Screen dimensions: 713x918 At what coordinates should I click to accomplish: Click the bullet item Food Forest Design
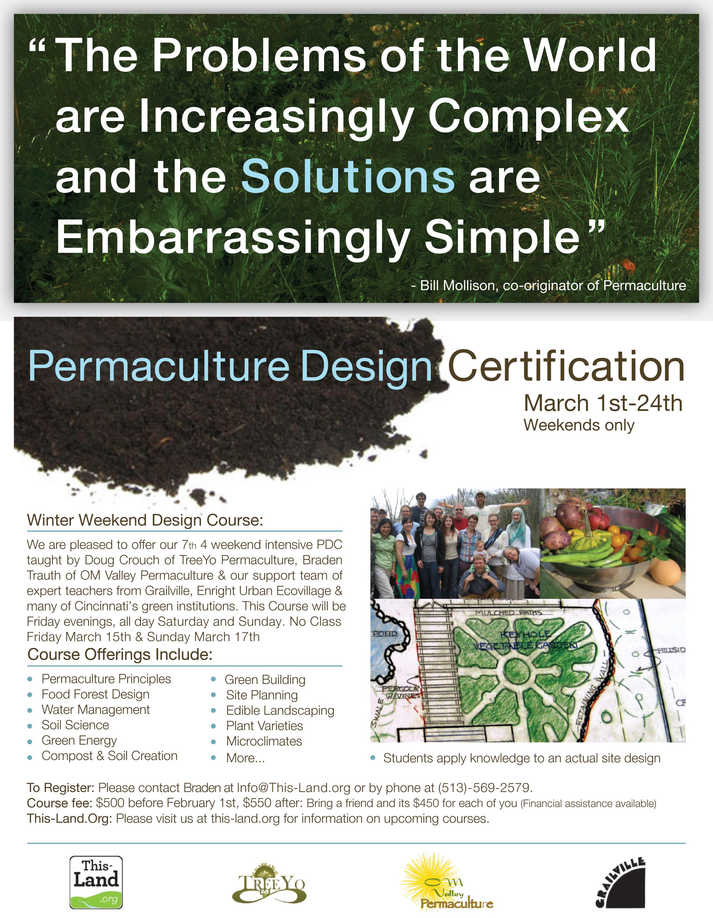pyautogui.click(x=95, y=694)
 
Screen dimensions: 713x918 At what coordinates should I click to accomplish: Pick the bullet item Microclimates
pyautogui.click(x=264, y=741)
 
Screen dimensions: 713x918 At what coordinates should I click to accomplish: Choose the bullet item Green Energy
pyautogui.click(x=79, y=740)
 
